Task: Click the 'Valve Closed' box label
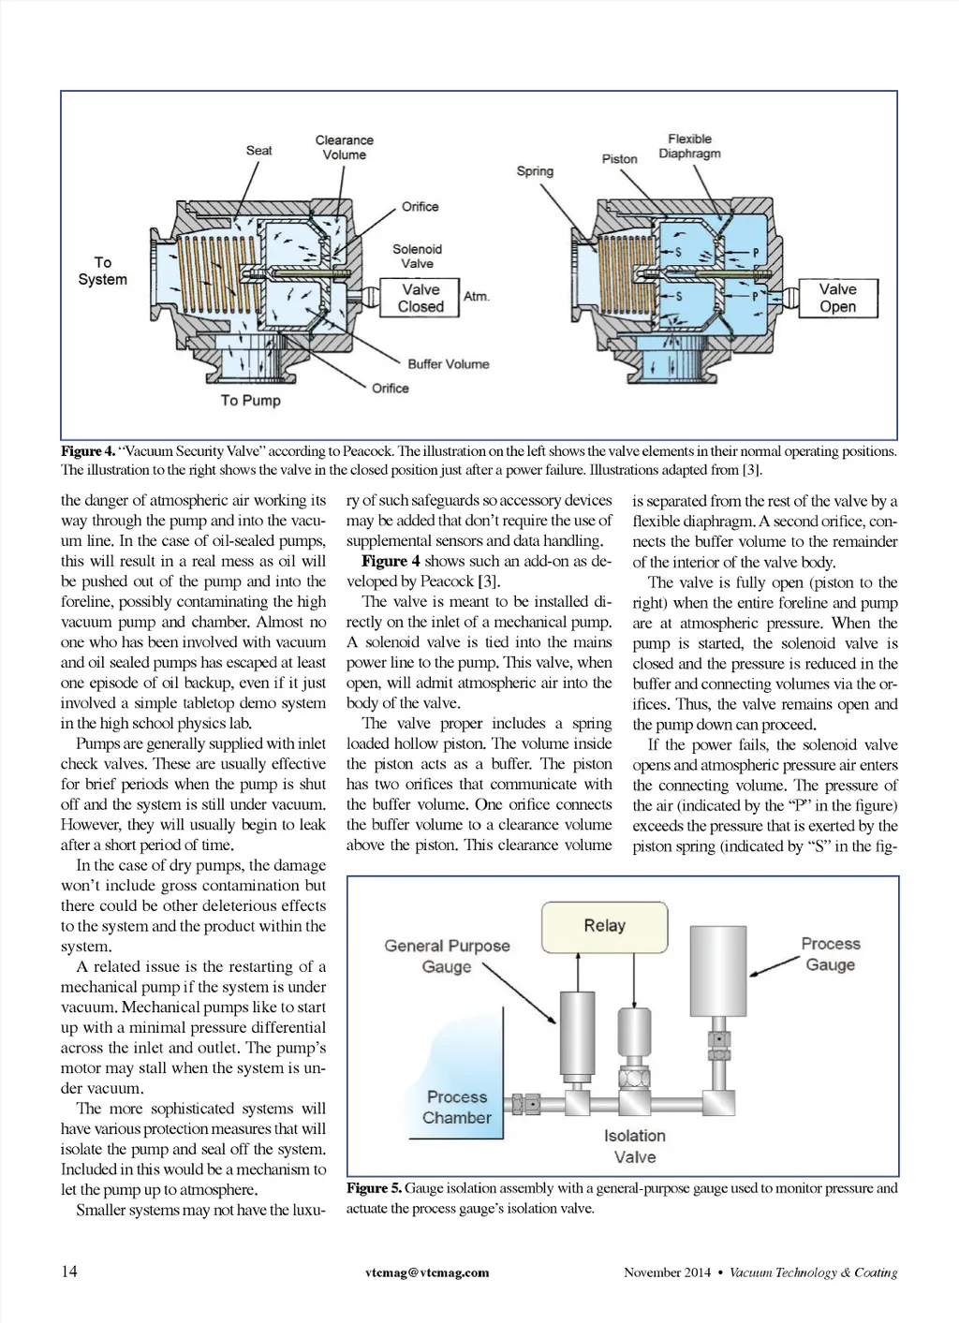tap(420, 298)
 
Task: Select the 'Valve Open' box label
tap(837, 298)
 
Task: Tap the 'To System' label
tap(102, 271)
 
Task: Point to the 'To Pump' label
tap(250, 400)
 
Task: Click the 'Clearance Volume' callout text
tap(344, 148)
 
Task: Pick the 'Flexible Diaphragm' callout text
tap(689, 146)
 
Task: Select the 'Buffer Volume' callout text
tap(448, 363)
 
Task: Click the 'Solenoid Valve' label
tap(417, 256)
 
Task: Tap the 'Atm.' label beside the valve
tap(477, 296)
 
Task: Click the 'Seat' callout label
tap(259, 150)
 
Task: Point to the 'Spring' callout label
tap(535, 171)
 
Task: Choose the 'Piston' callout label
tap(619, 158)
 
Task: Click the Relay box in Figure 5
tap(604, 926)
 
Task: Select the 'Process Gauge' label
tap(830, 954)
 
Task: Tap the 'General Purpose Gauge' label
tap(447, 956)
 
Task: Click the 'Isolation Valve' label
tap(635, 1146)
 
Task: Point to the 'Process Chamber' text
tap(457, 1107)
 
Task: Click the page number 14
tap(69, 1271)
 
